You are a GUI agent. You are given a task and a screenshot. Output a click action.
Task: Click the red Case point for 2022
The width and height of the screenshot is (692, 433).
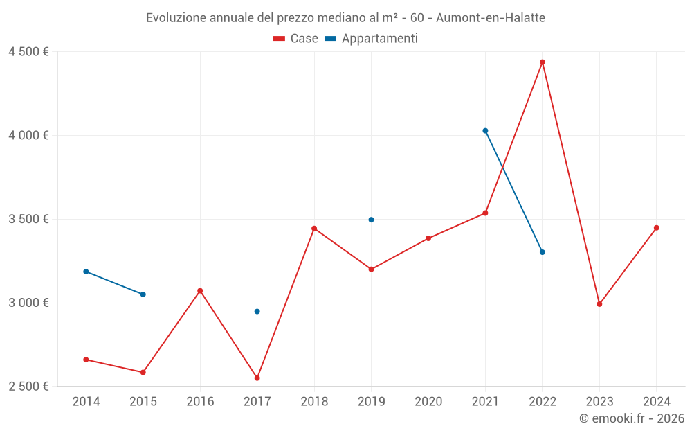(543, 62)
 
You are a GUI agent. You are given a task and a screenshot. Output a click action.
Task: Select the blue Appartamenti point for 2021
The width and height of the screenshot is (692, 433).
(485, 131)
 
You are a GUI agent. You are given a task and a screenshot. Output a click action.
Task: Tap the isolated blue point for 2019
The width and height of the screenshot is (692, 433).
(371, 220)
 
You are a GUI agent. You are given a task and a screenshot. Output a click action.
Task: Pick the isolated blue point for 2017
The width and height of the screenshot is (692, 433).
(257, 312)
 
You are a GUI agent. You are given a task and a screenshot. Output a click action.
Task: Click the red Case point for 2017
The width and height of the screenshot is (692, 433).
(257, 378)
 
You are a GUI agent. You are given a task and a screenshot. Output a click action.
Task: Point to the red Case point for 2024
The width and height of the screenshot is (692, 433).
(657, 228)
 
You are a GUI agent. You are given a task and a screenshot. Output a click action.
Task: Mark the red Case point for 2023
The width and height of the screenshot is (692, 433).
(599, 304)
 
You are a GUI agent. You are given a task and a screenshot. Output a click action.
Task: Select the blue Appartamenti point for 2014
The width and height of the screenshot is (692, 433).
(86, 272)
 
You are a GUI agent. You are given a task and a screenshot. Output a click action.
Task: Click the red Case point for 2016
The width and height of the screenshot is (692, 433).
(200, 291)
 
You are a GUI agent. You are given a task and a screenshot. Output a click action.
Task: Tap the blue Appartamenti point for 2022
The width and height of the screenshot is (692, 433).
(543, 252)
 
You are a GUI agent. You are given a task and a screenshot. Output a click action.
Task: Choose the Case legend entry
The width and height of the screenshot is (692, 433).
(296, 39)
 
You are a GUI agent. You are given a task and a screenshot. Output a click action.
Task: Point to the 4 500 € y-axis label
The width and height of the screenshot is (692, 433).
(28, 52)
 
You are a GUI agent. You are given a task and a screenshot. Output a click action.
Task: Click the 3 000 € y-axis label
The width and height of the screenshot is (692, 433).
(28, 303)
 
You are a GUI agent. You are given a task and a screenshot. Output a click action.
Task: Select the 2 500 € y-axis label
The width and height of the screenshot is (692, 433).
(28, 387)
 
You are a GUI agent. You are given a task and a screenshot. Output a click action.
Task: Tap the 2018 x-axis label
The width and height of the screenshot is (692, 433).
(314, 401)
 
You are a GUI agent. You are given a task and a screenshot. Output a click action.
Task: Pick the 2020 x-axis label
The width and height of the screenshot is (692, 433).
(428, 401)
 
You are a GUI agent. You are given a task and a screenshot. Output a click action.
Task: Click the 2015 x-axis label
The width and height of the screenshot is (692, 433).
(143, 401)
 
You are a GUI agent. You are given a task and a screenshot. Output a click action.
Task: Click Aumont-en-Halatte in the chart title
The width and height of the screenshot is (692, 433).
(491, 18)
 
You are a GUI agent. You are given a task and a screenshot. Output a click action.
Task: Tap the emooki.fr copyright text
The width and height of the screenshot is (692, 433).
(632, 418)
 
